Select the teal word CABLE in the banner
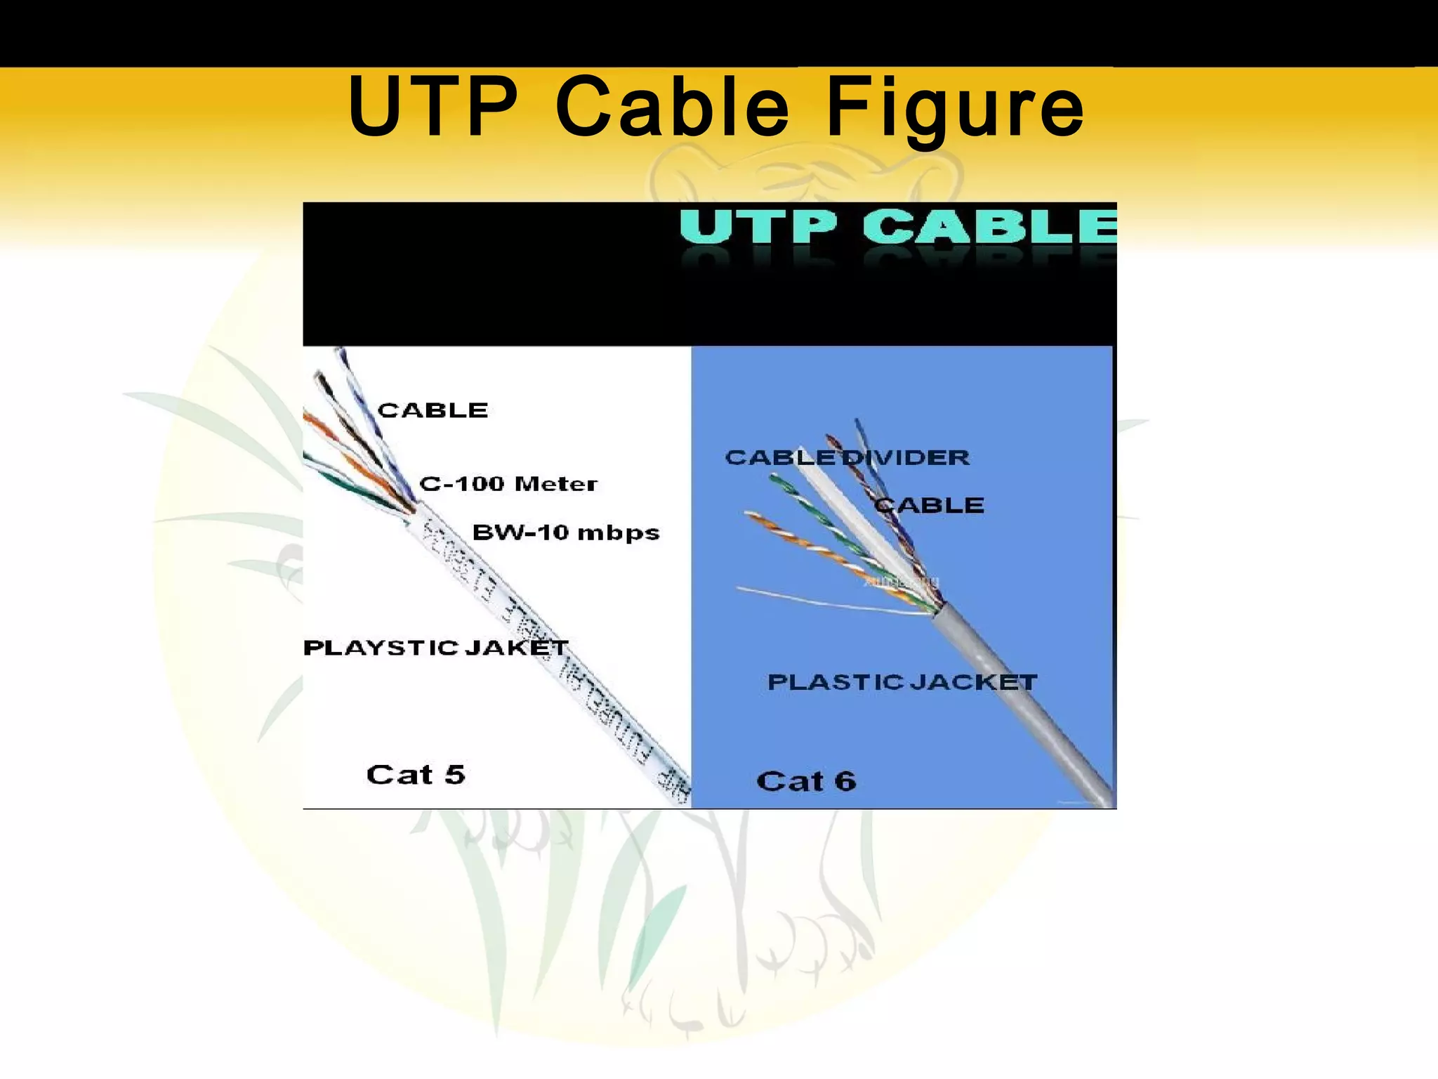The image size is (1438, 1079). [x=989, y=227]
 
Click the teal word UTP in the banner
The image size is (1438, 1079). [x=758, y=227]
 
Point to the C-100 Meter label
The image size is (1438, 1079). [x=508, y=484]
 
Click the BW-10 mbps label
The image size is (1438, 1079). [x=566, y=532]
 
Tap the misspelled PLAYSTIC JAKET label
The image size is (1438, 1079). [x=435, y=648]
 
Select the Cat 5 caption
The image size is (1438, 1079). [x=416, y=775]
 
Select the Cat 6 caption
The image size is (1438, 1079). [x=806, y=782]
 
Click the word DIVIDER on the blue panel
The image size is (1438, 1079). [x=906, y=458]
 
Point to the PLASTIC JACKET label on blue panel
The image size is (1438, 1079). [x=902, y=682]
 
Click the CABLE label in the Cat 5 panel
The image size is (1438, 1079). [x=433, y=410]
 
